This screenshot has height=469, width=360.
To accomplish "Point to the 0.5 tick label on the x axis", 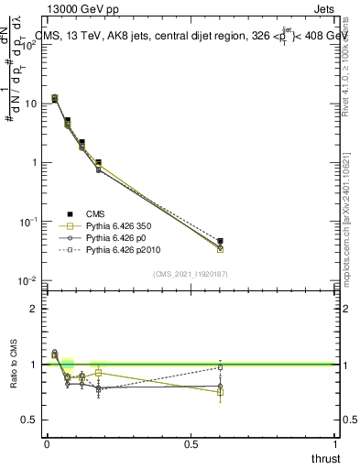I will (x=191, y=444).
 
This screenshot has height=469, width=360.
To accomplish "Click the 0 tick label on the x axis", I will (x=47, y=444).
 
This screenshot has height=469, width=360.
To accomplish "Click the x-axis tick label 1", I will (x=335, y=444).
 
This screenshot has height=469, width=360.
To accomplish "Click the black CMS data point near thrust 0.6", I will (x=220, y=242).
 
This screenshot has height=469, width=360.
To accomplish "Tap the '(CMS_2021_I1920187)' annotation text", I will (x=191, y=274).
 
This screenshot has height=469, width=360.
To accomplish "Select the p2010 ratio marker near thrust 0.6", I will (x=220, y=367).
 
